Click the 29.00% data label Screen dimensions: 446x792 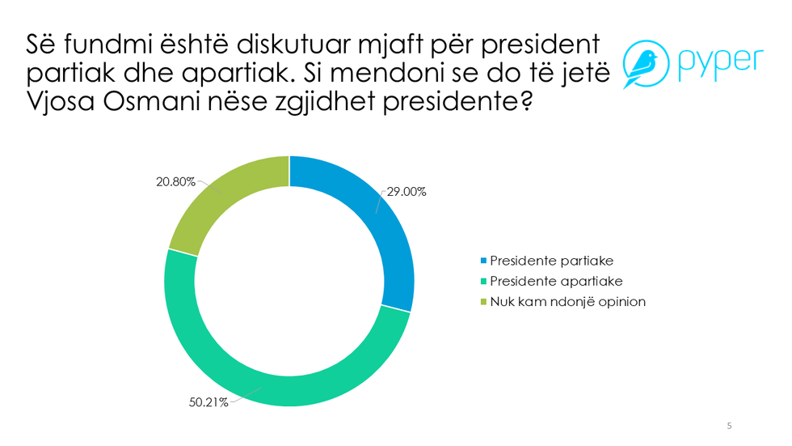coord(406,193)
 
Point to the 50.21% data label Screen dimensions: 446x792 coord(209,403)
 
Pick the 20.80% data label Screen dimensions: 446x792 coord(175,182)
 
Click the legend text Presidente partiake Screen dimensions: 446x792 coord(552,261)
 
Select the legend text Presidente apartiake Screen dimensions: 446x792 coord(556,281)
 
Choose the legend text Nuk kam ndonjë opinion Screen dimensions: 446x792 coord(568,301)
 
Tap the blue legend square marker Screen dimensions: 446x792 coord(484,261)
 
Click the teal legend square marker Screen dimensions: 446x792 coord(484,281)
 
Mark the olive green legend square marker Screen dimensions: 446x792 coord(484,301)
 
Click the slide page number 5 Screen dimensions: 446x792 coord(730,426)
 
